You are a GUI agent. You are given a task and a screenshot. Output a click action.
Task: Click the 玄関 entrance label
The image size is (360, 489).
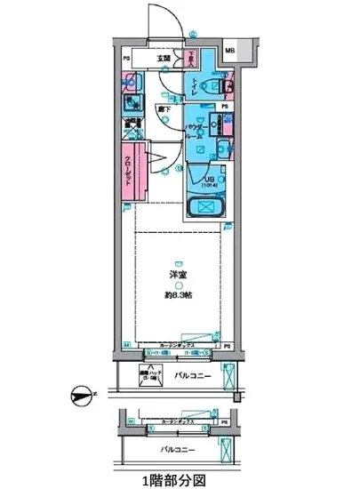[164, 59]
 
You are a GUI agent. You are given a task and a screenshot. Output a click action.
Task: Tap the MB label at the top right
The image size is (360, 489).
[230, 52]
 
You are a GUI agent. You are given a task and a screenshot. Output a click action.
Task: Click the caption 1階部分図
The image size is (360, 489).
[180, 479]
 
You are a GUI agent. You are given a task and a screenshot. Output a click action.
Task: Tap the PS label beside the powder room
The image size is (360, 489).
[226, 106]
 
